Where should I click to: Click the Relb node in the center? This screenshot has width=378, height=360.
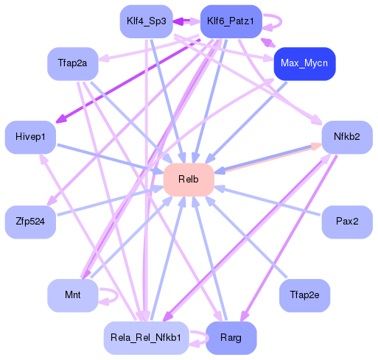[189, 180]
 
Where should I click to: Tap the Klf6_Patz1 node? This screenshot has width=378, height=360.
[230, 21]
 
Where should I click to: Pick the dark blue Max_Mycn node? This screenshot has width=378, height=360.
[304, 64]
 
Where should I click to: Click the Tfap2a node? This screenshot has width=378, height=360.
[72, 64]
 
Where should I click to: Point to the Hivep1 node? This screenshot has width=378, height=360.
[30, 137]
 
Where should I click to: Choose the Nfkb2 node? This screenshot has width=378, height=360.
[346, 137]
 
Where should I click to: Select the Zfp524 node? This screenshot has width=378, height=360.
[30, 221]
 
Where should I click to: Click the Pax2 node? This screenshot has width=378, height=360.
[346, 221]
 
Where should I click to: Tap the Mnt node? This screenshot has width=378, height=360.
[72, 295]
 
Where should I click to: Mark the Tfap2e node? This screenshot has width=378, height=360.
[304, 295]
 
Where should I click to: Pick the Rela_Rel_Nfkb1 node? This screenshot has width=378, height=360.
[145, 337]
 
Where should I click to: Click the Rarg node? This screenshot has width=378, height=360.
[230, 337]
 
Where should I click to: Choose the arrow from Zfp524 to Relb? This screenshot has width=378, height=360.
[111, 200]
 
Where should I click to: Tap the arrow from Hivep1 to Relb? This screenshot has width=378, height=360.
[111, 158]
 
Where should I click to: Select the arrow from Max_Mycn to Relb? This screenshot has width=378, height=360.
[247, 121]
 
